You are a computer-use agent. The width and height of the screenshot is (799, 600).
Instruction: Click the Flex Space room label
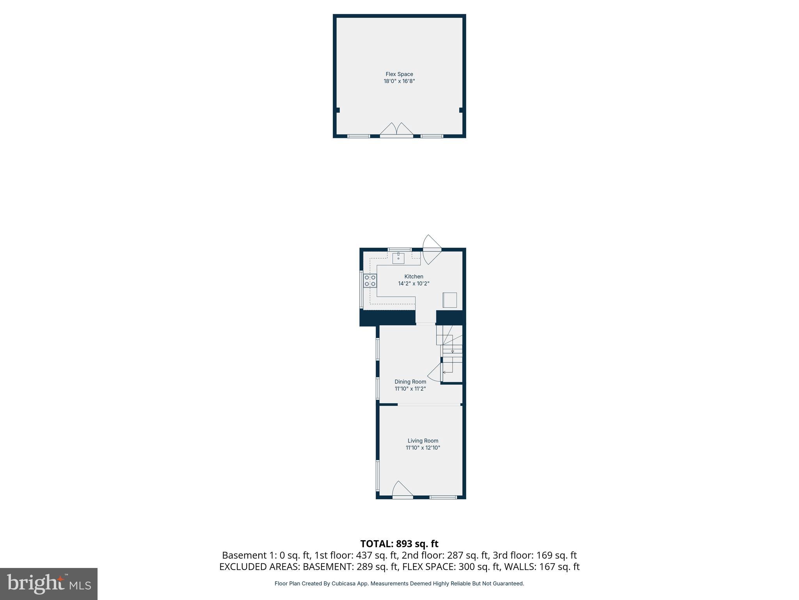click(399, 74)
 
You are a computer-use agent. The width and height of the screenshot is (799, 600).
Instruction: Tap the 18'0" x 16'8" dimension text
click(399, 81)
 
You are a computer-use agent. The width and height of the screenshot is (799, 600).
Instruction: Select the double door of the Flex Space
click(396, 130)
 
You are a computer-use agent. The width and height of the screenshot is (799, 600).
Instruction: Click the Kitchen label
click(414, 277)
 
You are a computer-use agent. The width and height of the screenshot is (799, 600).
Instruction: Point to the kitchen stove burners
click(370, 280)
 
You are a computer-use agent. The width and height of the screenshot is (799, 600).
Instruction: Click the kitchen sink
click(398, 258)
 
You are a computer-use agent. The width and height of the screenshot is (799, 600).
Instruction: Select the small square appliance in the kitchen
click(449, 300)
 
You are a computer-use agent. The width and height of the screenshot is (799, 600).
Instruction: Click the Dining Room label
click(410, 382)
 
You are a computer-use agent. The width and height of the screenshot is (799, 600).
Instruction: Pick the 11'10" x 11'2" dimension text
click(410, 389)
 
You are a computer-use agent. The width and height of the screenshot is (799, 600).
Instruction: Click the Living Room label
click(423, 441)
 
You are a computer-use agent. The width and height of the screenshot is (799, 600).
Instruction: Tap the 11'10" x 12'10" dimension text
click(423, 448)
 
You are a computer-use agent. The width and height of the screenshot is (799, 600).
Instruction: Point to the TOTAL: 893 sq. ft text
click(399, 544)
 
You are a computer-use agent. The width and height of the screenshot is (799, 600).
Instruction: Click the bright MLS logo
click(49, 584)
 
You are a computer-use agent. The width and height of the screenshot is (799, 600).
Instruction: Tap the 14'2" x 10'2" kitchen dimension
click(414, 284)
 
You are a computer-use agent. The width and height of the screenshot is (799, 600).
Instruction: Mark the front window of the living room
click(443, 497)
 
